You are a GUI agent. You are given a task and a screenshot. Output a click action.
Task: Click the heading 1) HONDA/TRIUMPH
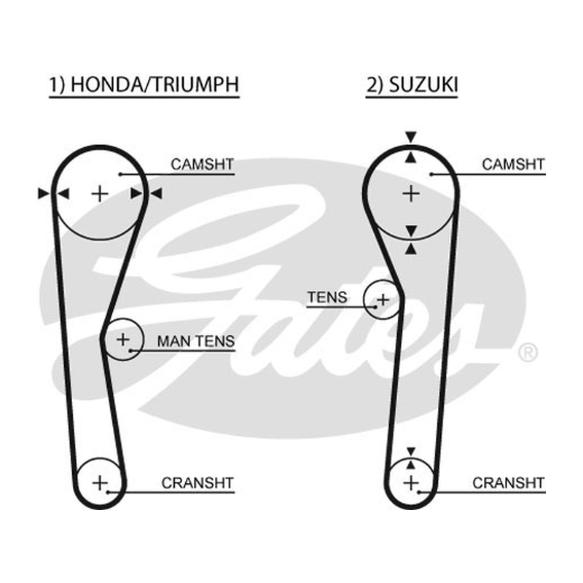pyautogui.click(x=144, y=85)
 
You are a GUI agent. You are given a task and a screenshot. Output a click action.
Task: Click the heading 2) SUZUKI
pyautogui.click(x=412, y=85)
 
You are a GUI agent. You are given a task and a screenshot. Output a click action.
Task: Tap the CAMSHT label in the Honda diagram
pyautogui.click(x=203, y=164)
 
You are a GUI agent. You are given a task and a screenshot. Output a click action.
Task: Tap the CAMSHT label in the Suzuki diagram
pyautogui.click(x=513, y=164)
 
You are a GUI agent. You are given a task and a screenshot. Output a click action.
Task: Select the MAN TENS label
pyautogui.click(x=196, y=341)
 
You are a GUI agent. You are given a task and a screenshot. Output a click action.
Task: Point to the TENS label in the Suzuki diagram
pyautogui.click(x=327, y=297)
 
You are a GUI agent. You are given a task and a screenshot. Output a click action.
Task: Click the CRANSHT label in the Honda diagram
pyautogui.click(x=197, y=483)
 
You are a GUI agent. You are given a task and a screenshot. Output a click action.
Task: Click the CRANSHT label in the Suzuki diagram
pyautogui.click(x=508, y=483)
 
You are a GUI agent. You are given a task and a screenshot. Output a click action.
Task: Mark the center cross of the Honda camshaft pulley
pyautogui.click(x=100, y=194)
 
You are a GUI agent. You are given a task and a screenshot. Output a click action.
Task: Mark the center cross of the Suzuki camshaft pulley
pyautogui.click(x=411, y=194)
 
